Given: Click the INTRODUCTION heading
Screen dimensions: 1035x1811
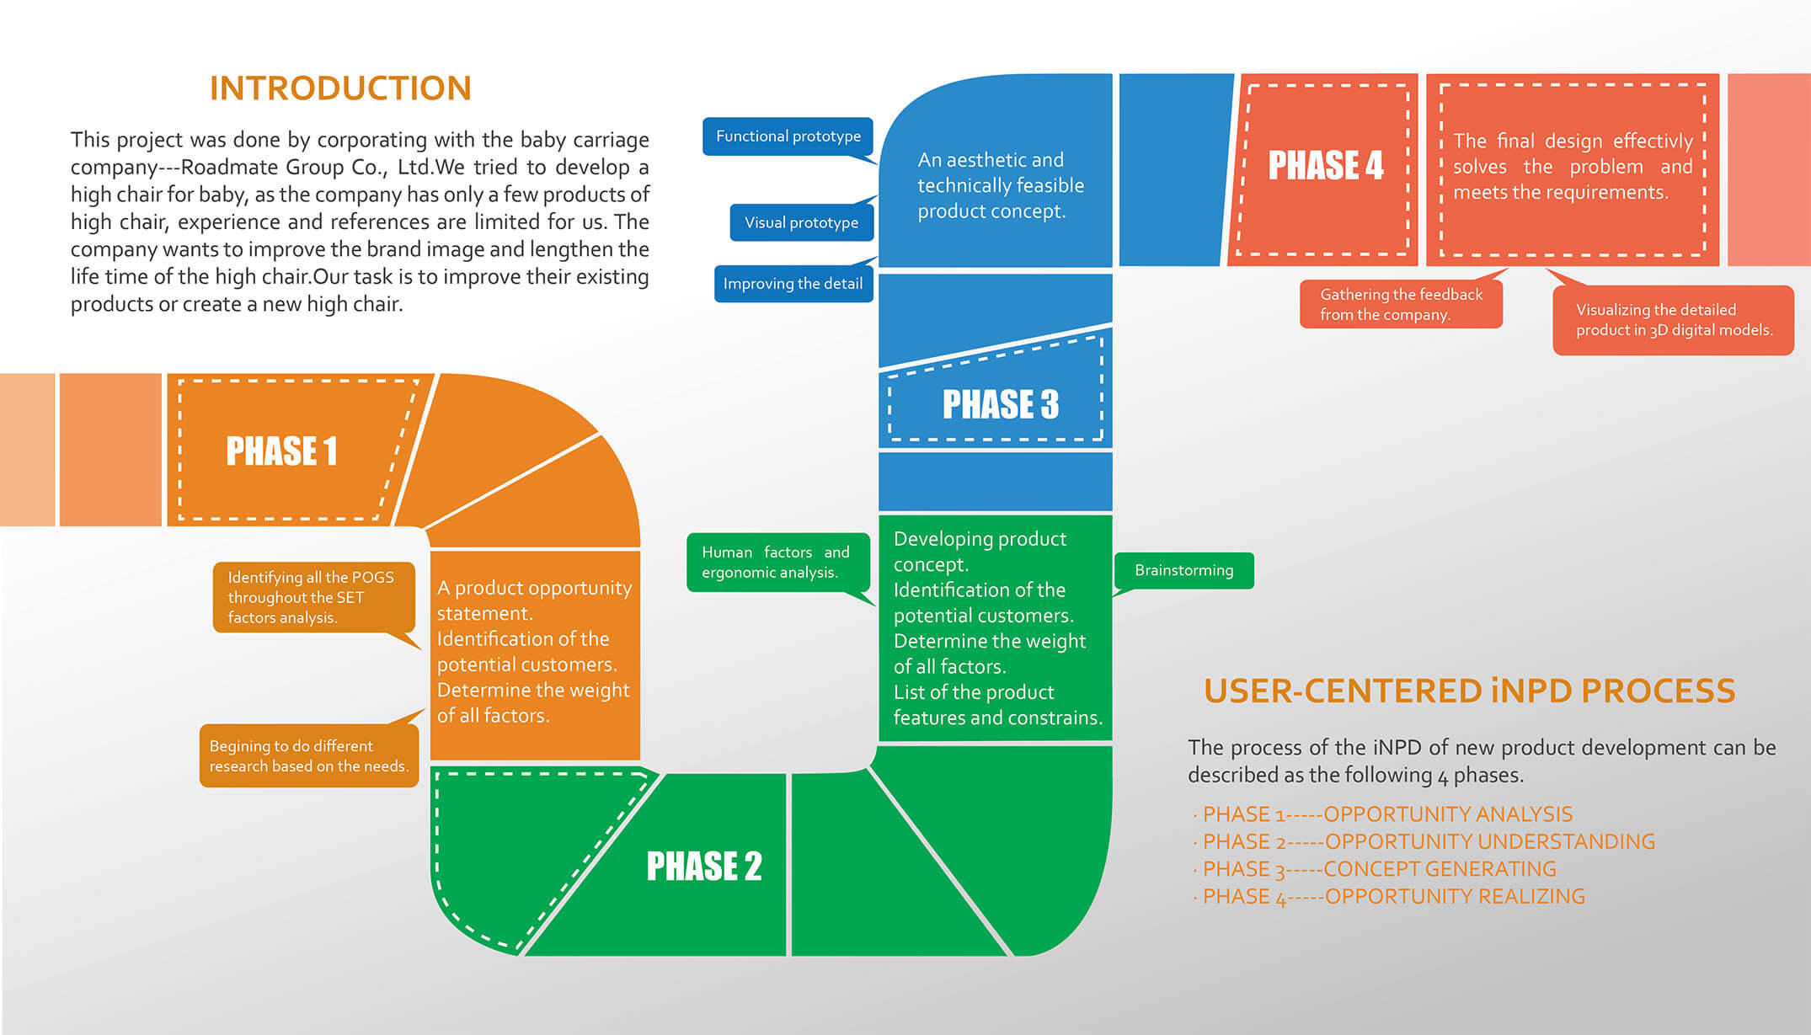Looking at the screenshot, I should tap(340, 88).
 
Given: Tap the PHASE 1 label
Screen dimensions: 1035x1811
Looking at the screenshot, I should tap(281, 451).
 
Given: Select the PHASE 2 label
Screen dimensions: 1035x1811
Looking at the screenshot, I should tap(703, 866).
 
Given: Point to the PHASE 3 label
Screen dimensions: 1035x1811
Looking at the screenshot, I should tap(1000, 404).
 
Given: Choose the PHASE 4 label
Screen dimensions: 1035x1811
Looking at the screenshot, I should tap(1325, 165).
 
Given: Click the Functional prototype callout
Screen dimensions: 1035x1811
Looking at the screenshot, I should tap(788, 136).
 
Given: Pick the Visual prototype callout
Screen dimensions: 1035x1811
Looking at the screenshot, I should tap(801, 223).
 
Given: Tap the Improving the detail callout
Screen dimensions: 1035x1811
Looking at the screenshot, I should tap(793, 284).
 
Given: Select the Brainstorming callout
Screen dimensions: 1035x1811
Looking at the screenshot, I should tap(1183, 571).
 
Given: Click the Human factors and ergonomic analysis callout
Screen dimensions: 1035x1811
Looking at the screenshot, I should tap(776, 563).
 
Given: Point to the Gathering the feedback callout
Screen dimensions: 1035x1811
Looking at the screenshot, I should tap(1401, 304).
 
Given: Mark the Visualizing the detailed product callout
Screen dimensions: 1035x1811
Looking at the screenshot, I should tap(1673, 320).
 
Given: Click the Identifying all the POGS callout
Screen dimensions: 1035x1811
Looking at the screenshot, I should tap(313, 597).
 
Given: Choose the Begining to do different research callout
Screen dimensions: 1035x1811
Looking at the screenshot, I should tap(308, 756).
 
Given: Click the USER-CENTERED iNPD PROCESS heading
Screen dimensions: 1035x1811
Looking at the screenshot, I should tap(1469, 691).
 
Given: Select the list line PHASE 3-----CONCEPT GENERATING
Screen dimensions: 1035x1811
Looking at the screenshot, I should tap(1379, 869).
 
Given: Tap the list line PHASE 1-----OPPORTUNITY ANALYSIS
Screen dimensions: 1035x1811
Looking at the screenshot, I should tap(1387, 814).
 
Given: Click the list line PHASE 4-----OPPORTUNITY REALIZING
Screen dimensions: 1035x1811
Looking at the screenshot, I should tap(1393, 897).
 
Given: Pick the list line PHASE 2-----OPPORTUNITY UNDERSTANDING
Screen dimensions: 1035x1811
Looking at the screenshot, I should tap(1429, 841).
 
